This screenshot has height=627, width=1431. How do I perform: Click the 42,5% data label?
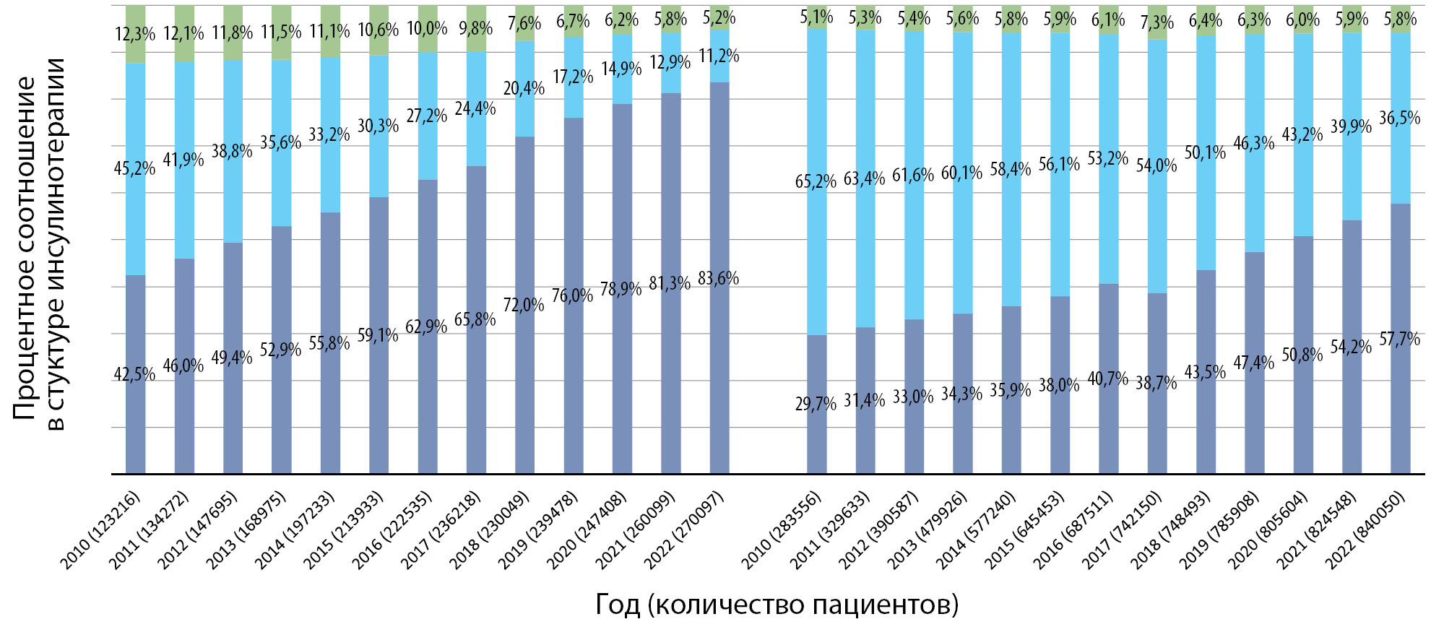(x=135, y=374)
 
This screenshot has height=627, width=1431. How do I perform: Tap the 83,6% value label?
(x=719, y=279)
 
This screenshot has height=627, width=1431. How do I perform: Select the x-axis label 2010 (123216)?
(x=101, y=530)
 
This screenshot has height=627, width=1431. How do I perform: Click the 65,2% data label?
(x=816, y=181)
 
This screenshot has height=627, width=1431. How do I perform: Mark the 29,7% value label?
(x=816, y=403)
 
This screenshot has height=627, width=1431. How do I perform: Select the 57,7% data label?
(x=1400, y=339)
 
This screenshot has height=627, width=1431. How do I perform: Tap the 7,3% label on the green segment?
(x=1157, y=24)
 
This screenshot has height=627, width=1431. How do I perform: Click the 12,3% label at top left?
(x=135, y=34)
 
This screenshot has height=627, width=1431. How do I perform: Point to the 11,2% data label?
(x=719, y=56)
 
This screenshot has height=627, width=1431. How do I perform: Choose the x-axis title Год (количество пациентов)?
(x=777, y=604)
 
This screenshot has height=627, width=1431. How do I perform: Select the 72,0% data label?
(x=524, y=305)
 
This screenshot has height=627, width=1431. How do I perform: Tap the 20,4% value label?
(x=524, y=89)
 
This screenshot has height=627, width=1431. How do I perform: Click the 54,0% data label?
(x=1157, y=165)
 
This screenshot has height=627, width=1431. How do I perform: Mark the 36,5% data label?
(x=1400, y=118)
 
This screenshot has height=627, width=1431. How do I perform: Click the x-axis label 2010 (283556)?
(x=782, y=530)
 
